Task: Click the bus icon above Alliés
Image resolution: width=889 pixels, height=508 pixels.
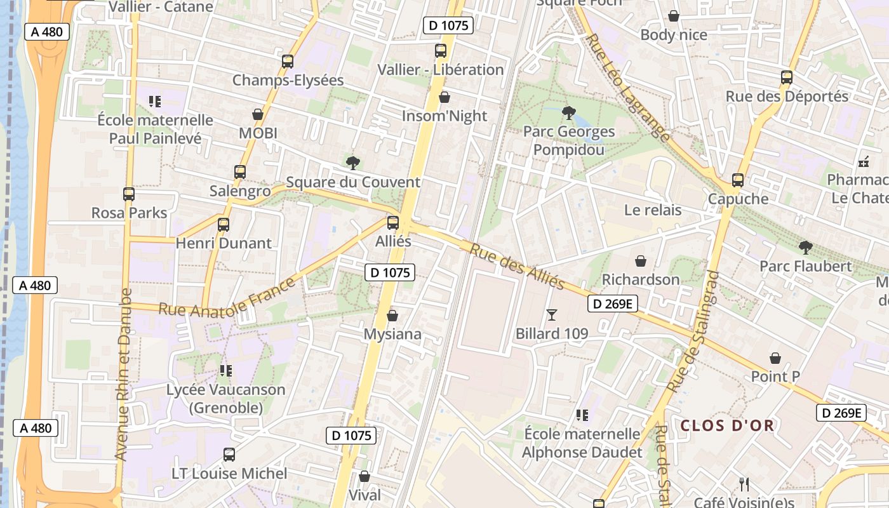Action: [x=393, y=223]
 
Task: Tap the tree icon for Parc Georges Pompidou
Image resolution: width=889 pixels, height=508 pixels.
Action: [x=569, y=114]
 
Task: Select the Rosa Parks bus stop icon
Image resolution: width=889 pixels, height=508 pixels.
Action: [x=129, y=194]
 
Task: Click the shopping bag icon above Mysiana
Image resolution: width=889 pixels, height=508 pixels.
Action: [x=392, y=316]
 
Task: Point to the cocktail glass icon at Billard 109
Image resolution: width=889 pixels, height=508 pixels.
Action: [x=551, y=314]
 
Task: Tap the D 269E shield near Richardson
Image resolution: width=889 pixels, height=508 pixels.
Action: [x=612, y=304]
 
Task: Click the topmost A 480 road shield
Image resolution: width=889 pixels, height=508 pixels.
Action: [x=46, y=32]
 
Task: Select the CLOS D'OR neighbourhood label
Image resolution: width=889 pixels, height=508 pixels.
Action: [x=727, y=425]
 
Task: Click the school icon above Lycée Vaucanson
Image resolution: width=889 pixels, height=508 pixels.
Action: [x=225, y=370]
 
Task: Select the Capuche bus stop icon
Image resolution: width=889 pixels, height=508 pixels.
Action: [x=737, y=180]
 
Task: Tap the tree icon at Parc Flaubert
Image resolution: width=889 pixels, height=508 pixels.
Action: [x=805, y=247]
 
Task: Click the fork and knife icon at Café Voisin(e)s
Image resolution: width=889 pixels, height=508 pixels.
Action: [x=744, y=485]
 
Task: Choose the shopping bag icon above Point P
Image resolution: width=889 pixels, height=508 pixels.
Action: [x=775, y=358]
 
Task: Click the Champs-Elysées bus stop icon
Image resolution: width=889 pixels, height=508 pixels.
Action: [x=288, y=62]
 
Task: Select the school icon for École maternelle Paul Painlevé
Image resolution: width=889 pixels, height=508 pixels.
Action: [x=154, y=101]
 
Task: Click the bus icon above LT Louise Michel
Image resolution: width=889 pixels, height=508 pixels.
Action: [x=229, y=455]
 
